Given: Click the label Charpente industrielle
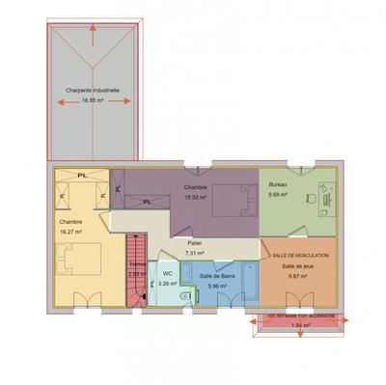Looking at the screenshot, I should [93, 91].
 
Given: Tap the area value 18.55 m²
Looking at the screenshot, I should [93, 99].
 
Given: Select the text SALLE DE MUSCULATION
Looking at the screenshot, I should [300, 256].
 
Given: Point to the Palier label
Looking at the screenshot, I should [195, 243].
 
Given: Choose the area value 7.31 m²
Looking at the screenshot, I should [196, 252].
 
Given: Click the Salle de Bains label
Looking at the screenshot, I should [213, 276].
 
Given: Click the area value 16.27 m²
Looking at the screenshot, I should [70, 232].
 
